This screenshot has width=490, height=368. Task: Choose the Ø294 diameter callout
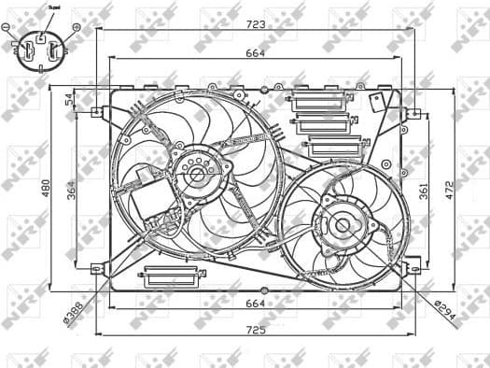445,314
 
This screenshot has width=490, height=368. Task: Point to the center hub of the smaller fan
342,224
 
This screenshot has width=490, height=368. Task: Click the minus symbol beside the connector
8,27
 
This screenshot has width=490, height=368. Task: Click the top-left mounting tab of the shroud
97,112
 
